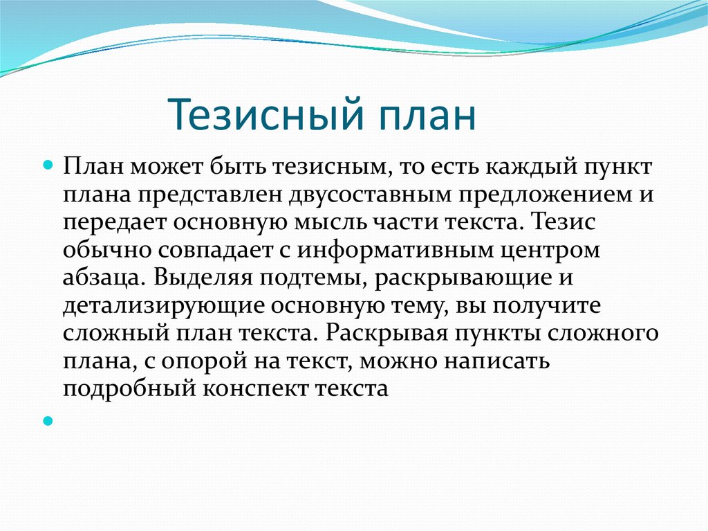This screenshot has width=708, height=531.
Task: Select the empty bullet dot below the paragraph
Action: (x=48, y=420)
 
